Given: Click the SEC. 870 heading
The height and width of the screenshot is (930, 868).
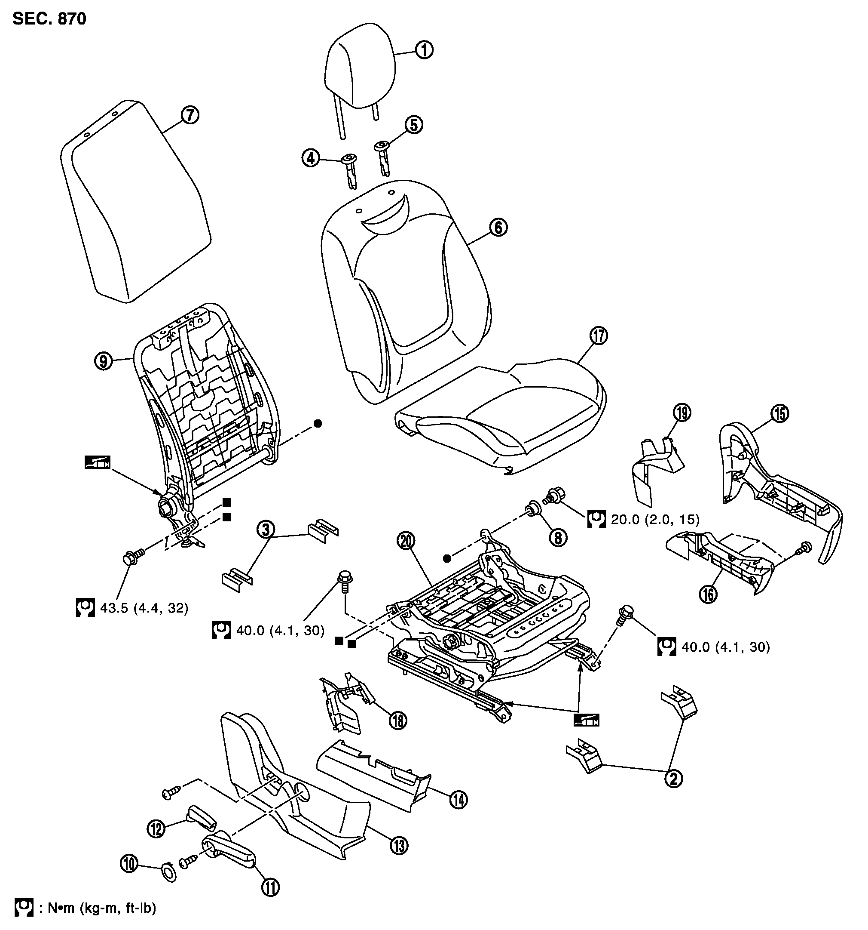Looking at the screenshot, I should coord(49,19).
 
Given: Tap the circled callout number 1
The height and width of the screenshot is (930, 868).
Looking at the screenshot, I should coord(425,50).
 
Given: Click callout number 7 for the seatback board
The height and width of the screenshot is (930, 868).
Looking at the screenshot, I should coord(190,116).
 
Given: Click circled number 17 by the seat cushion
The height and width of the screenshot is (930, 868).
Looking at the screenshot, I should coord(599,336).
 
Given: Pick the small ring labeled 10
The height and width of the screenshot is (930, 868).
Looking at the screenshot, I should coord(169,872).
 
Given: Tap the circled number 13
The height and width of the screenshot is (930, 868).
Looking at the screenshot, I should coord(399,845).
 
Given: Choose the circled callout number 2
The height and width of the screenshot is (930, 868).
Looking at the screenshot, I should coord(673,779).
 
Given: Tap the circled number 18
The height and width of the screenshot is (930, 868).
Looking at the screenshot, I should coord(398,720).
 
